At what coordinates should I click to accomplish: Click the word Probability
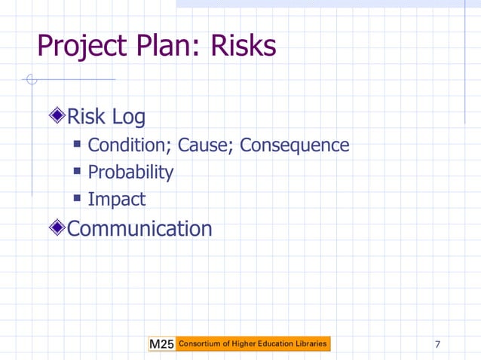pyautogui.click(x=130, y=172)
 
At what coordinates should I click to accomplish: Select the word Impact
pyautogui.click(x=116, y=200)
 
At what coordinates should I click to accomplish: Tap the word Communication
pyautogui.click(x=139, y=228)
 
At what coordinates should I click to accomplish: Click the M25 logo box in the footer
pyautogui.click(x=161, y=344)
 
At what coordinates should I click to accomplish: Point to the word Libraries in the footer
pyautogui.click(x=309, y=344)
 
